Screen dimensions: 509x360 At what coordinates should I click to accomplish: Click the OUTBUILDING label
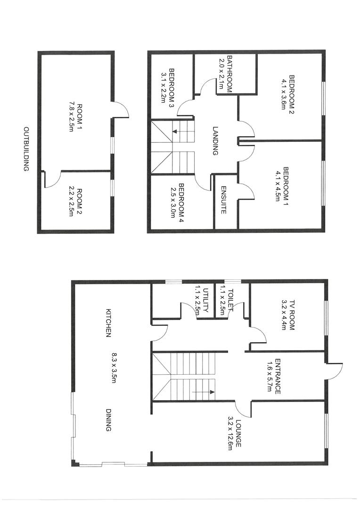click(x=27, y=149)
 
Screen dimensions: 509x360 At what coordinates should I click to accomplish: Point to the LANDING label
click(x=215, y=140)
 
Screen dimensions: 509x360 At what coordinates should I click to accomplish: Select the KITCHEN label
click(x=108, y=323)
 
